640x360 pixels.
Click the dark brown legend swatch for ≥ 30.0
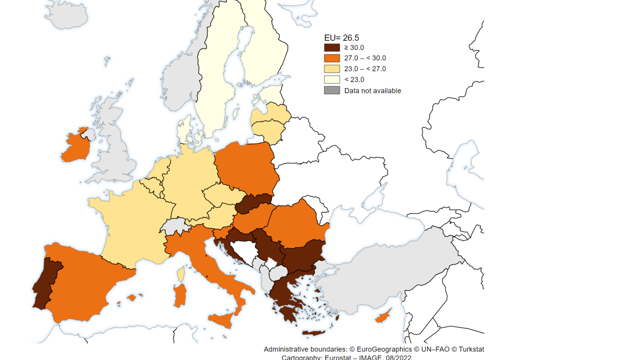332,48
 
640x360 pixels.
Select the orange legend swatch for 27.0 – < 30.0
332,58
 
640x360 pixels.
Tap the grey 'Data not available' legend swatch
332,90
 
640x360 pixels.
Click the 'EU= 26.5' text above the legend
341,38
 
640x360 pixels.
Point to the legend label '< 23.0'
354,80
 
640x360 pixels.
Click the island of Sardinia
180,295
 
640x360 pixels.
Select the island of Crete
313,333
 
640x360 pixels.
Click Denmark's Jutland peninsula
184,130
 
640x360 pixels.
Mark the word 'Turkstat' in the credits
471,349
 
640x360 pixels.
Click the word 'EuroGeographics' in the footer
384,349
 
